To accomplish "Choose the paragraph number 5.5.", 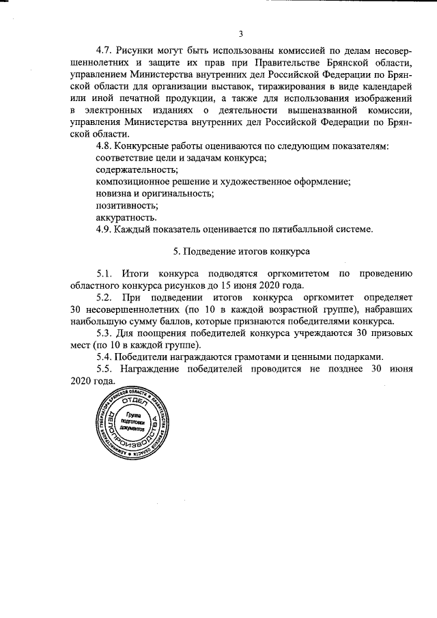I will point(104,369).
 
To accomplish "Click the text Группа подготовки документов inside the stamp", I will point(135,423).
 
